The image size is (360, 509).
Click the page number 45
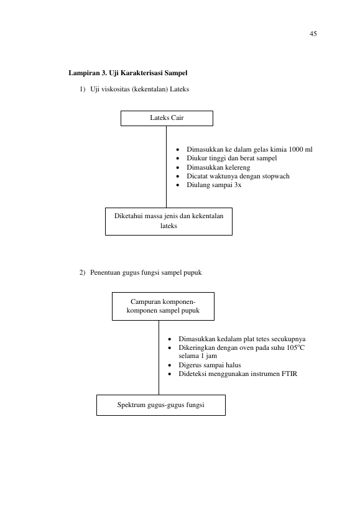tap(313, 34)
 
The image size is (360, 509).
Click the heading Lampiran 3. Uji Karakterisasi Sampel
tap(128, 73)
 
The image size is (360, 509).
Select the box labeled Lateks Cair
tap(167, 118)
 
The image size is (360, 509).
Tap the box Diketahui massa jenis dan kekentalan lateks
tap(168, 221)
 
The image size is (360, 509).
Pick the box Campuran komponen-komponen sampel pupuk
tap(163, 306)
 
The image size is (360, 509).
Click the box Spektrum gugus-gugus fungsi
tap(161, 405)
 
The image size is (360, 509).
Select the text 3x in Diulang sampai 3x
tap(238, 185)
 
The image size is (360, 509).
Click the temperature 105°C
tap(296, 347)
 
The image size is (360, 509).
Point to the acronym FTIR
tap(289, 374)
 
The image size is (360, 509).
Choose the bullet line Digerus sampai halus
tap(210, 365)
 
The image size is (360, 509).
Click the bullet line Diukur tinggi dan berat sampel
tap(232, 158)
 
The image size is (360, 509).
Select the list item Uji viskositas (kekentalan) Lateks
tap(139, 89)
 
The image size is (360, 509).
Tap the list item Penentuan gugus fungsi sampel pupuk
tap(145, 273)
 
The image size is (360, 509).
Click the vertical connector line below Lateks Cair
tap(166, 167)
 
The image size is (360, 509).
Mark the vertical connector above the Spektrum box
tap(159, 358)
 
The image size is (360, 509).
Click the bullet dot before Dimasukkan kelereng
tap(178, 168)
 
